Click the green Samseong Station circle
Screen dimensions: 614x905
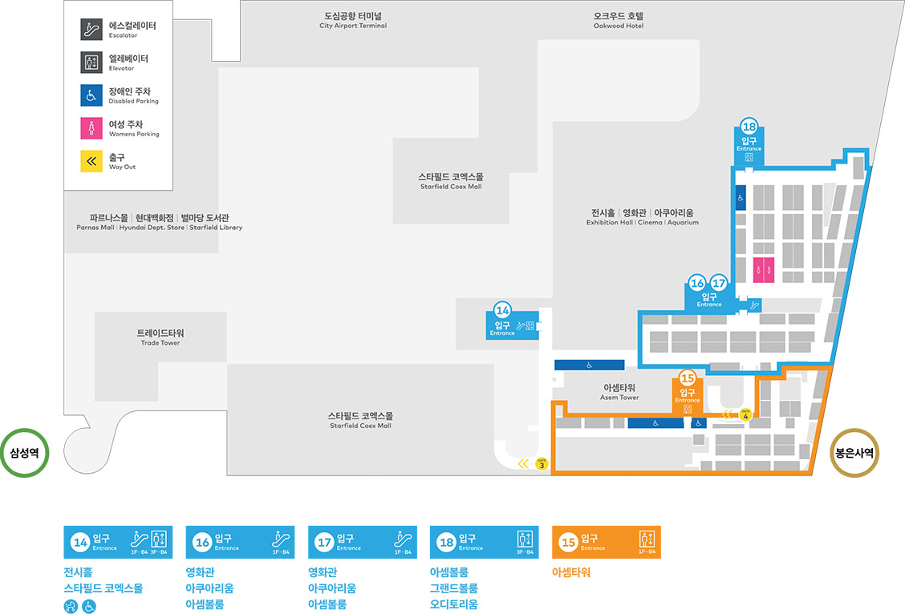26,452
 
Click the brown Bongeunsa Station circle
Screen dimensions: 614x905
854,452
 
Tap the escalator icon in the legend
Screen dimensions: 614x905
91,30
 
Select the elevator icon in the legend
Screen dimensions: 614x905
91,63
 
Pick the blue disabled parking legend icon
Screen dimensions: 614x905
91,95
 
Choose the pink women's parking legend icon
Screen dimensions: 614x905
91,128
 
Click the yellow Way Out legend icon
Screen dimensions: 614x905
91,161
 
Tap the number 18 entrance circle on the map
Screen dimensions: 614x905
749,127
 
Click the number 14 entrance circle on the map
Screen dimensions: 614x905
503,309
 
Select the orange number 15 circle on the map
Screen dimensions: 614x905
688,378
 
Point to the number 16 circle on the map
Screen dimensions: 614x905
697,283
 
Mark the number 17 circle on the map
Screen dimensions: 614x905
719,283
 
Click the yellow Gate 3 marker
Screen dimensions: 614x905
542,464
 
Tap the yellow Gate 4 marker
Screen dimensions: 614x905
746,414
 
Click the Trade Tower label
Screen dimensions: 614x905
160,337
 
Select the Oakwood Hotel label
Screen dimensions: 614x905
619,20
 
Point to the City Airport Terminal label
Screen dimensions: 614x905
353,20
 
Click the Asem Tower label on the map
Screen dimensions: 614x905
619,392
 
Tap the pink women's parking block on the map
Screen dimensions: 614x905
764,270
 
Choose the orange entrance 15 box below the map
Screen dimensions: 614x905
607,542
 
